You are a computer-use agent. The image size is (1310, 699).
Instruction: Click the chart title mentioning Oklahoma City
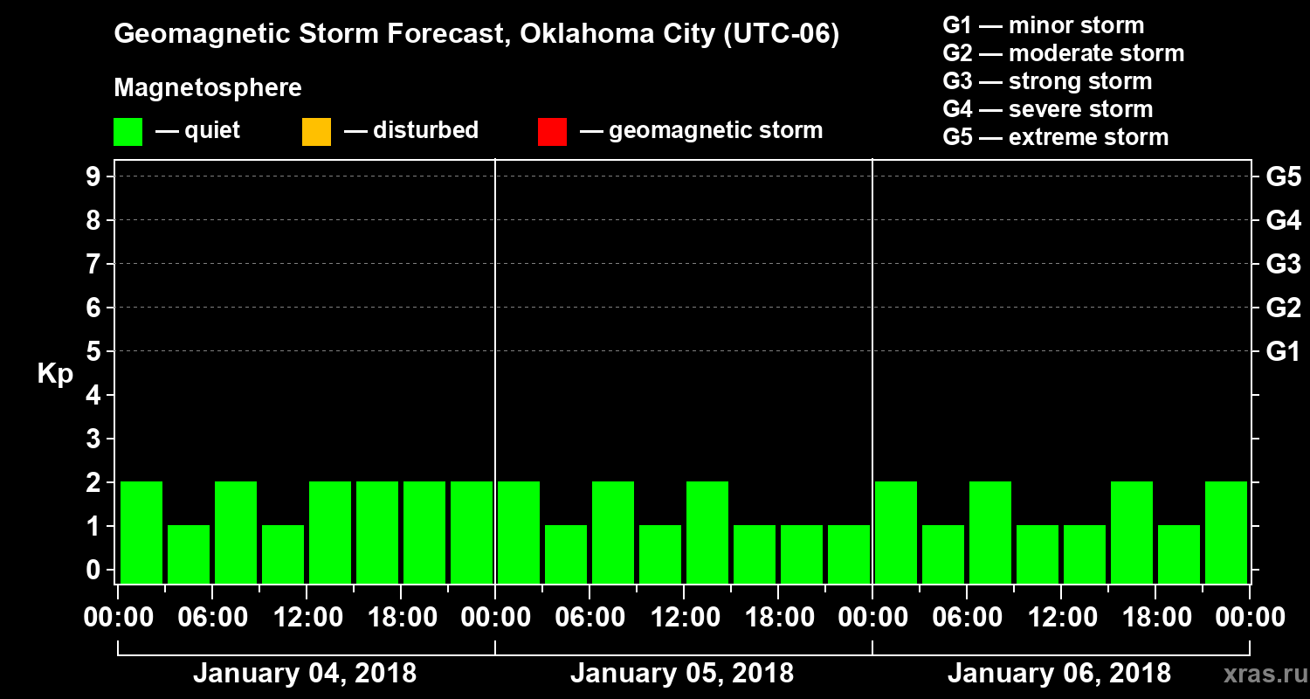pyautogui.click(x=476, y=35)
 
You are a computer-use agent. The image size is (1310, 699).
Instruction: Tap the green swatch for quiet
pyautogui.click(x=128, y=132)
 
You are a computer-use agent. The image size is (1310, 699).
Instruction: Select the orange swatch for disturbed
pyautogui.click(x=316, y=132)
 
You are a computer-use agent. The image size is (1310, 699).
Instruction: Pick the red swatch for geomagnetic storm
pyautogui.click(x=552, y=132)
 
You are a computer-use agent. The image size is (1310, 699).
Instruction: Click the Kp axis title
pyautogui.click(x=55, y=374)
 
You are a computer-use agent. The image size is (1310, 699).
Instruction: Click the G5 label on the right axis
pyautogui.click(x=1283, y=176)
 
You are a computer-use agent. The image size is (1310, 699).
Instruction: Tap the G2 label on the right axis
pyautogui.click(x=1283, y=308)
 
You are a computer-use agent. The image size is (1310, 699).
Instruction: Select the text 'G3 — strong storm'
pyautogui.click(x=1047, y=81)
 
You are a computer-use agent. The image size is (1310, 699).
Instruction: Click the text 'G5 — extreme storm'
pyautogui.click(x=1055, y=137)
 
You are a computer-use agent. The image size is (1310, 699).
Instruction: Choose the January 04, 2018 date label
pyautogui.click(x=304, y=674)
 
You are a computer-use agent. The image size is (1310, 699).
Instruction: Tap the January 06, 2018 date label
pyautogui.click(x=1058, y=674)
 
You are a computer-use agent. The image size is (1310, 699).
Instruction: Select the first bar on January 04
pyautogui.click(x=141, y=532)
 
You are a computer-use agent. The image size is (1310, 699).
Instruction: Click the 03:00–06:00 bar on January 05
pyautogui.click(x=566, y=554)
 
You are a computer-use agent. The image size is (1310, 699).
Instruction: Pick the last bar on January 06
pyautogui.click(x=1226, y=532)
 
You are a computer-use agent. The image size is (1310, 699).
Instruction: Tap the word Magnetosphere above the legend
pyautogui.click(x=208, y=88)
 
